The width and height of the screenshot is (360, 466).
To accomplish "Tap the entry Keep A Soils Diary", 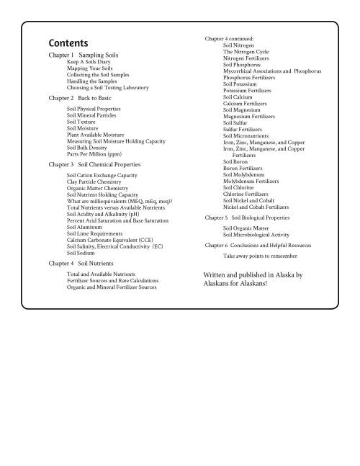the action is tap(90, 62).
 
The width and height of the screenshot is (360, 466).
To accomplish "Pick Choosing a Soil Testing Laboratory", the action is tap(107, 87).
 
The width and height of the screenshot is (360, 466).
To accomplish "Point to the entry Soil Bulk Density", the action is tap(91, 147).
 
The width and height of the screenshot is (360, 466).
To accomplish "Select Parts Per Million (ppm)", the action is tap(96, 153).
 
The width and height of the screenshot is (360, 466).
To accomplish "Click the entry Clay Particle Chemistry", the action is tap(94, 182).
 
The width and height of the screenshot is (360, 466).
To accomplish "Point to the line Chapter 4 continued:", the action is tap(228, 38).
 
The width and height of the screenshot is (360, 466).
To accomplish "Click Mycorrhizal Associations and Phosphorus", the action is tap(272, 71).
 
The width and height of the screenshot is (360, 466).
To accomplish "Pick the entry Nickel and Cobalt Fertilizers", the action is tap(256, 206).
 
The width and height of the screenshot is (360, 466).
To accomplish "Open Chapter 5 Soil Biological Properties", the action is tap(252, 217).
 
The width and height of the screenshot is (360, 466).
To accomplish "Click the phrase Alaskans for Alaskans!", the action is tap(235, 284).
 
